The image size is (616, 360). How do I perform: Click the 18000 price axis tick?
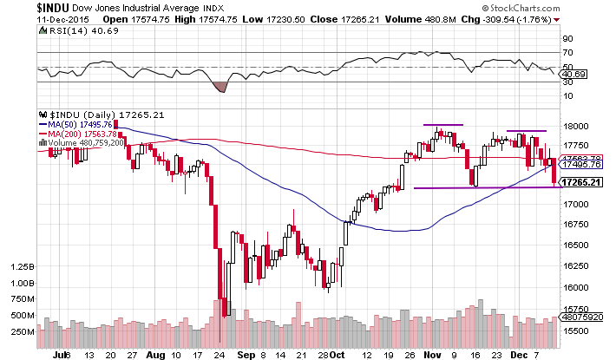(577, 126)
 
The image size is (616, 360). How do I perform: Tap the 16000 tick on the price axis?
(577, 287)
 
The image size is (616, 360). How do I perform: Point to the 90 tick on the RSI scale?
(567, 39)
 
